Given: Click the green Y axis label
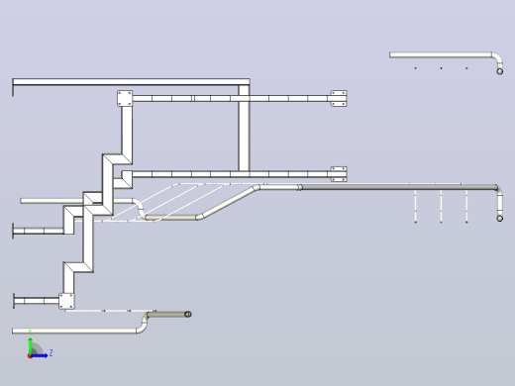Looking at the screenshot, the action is (30, 332).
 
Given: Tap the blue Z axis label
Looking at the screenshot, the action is (51, 353).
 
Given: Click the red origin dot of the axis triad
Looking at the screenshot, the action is (30, 356).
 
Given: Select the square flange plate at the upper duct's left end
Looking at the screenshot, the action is (125, 98).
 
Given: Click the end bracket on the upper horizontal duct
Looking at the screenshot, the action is (339, 98).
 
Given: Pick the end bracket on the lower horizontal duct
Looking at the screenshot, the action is (339, 174).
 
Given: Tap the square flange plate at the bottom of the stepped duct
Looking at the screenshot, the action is (66, 301).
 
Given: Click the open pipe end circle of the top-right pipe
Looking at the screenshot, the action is (500, 71).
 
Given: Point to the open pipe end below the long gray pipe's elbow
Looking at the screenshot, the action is (500, 218).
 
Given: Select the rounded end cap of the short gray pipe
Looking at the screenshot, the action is (188, 314).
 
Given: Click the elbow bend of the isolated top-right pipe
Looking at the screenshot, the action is (498, 57).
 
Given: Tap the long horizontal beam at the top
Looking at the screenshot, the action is (131, 82).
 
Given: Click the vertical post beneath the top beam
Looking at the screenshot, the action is (244, 128).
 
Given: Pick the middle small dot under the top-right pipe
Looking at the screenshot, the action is (441, 68).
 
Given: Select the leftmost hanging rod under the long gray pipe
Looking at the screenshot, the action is (415, 206).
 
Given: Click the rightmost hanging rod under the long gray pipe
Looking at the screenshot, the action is (466, 206).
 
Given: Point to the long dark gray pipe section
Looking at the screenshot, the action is (399, 187).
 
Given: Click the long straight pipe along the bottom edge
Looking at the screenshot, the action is (74, 331).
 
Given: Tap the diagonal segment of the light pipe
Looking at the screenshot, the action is (229, 203).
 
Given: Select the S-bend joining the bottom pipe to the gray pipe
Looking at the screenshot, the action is (143, 323).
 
